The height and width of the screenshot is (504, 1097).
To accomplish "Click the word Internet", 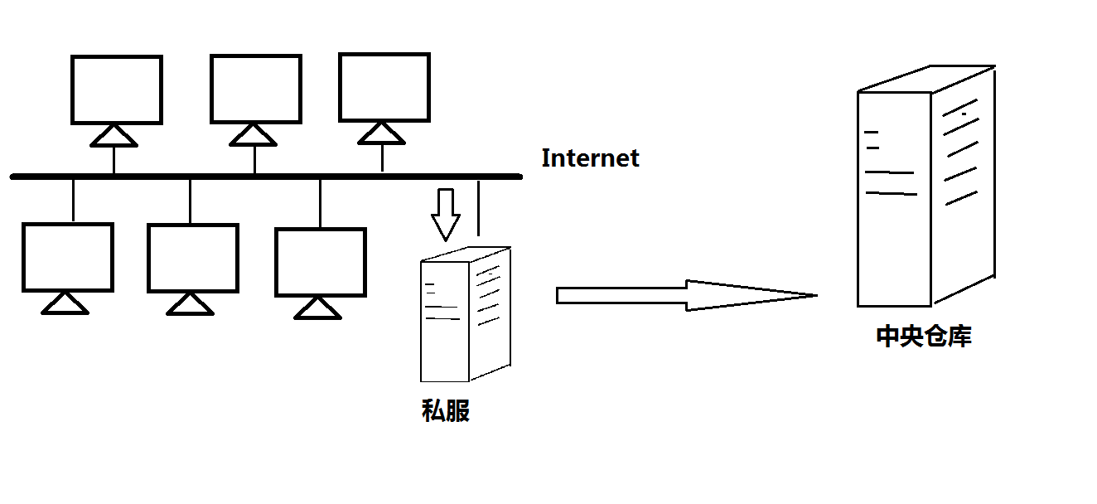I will [590, 158].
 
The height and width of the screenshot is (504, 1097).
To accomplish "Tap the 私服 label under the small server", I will [446, 410].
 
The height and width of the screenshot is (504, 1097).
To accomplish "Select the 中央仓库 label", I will [924, 337].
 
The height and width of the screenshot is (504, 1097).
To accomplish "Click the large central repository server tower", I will [924, 187].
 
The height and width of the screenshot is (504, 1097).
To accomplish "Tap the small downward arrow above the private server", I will [446, 214].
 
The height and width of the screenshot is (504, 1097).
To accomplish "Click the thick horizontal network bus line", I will [265, 177].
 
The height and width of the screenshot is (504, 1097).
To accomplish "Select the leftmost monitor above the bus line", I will [116, 90].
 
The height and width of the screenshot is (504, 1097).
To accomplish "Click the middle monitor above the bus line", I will [255, 89].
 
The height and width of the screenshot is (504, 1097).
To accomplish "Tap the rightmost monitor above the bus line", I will [384, 87].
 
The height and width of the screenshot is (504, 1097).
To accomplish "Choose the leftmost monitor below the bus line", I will [67, 257].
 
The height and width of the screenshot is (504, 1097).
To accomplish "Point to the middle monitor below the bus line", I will [193, 258].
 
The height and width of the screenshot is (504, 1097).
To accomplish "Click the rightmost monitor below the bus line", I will [321, 262].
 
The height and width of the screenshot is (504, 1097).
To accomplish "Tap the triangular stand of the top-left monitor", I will [114, 137].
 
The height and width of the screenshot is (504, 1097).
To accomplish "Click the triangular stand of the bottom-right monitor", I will [318, 309].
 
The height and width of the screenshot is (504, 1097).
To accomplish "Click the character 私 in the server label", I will [433, 410].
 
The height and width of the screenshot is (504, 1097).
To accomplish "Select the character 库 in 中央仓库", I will [959, 337].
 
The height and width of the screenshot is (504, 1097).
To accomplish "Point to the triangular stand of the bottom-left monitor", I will [65, 304].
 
